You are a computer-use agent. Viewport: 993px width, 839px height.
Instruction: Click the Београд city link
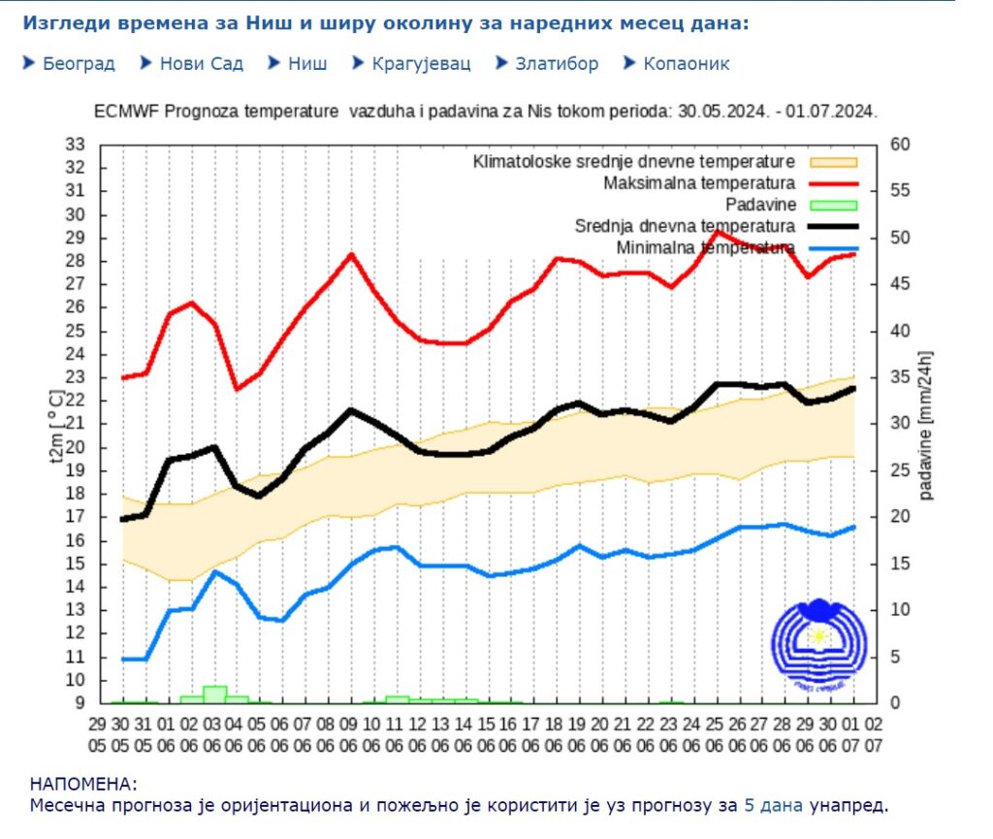79,64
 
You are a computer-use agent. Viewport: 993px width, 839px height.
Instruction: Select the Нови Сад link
201,64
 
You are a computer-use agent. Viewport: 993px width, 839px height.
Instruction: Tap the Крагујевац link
421,64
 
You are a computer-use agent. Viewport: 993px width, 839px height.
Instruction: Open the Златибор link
556,64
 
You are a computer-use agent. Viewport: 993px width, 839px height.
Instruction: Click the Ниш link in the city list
307,64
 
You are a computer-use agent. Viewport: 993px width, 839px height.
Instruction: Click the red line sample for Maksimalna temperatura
830,182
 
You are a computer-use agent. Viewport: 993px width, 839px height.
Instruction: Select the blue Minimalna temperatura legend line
830,248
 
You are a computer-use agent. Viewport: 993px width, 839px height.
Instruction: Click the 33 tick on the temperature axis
76,144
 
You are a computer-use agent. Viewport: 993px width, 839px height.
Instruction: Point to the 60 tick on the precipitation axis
900,144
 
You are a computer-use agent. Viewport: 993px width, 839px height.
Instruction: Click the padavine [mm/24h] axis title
927,425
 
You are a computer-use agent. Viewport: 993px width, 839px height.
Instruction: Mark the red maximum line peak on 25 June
717,230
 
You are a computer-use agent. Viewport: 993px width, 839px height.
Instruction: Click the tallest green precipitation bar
215,693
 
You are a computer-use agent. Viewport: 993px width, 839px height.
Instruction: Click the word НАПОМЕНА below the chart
84,784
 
